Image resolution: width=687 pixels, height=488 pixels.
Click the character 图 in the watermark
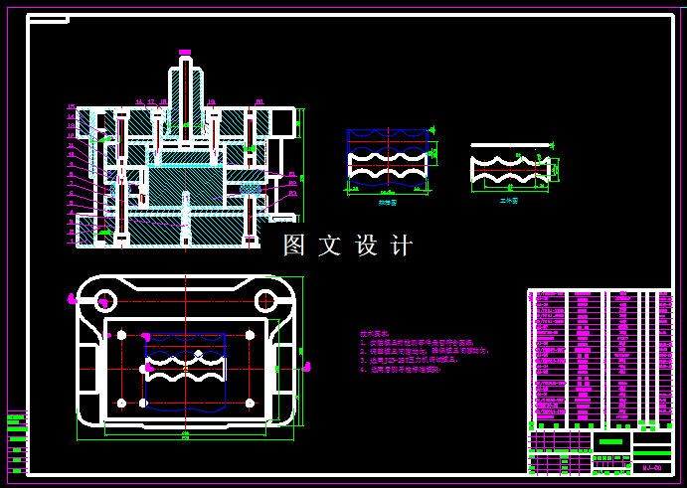point(295,245)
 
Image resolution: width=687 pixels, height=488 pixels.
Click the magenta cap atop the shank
point(184,52)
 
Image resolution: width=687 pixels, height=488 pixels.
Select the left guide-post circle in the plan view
point(102,299)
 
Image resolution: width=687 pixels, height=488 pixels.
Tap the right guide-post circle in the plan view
point(265,300)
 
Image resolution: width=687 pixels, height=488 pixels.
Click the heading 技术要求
point(375,334)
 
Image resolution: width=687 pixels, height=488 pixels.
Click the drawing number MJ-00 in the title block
point(652,466)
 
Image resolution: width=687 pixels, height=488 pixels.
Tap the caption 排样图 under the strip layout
point(387,202)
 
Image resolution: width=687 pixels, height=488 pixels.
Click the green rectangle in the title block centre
point(611,441)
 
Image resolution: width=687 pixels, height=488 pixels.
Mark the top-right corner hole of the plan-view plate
point(248,333)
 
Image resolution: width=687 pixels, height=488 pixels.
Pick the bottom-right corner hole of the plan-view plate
point(248,403)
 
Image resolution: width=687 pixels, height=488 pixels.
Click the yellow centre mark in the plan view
point(186,369)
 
